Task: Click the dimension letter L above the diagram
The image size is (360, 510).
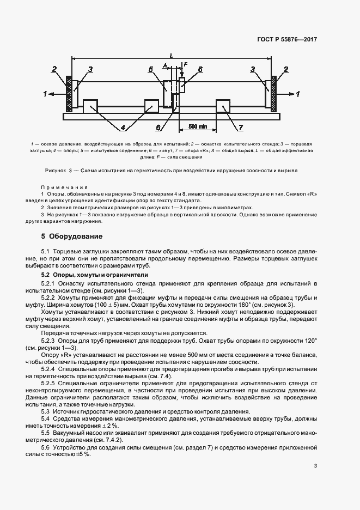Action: tap(172, 55)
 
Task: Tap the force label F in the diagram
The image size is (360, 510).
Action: tap(186, 65)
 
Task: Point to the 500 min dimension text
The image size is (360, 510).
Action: tap(198, 126)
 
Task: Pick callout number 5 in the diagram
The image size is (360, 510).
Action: tap(151, 70)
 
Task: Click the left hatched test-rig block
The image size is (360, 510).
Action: tap(69, 93)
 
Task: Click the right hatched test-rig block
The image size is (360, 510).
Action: tap(274, 93)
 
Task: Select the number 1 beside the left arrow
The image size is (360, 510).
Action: tap(45, 94)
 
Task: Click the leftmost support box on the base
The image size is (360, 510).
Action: tap(90, 106)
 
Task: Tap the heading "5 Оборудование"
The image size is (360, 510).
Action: tap(71, 236)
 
